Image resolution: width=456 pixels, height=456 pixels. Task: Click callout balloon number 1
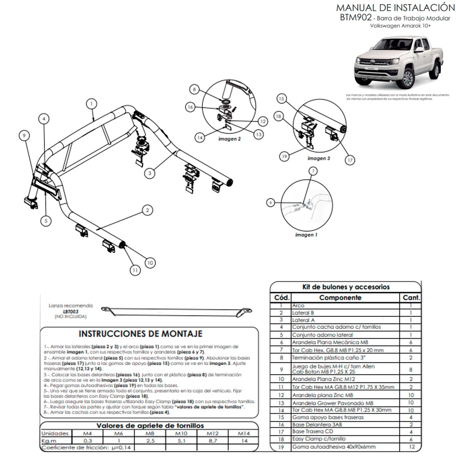[x=92, y=104]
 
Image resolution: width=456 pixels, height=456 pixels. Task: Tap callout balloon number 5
[x=46, y=221]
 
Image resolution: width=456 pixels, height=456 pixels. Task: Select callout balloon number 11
[x=135, y=270]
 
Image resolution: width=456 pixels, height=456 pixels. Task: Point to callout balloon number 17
[x=350, y=160]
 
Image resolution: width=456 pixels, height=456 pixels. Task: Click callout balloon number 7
[x=313, y=171]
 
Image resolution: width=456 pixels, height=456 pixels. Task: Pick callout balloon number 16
[x=190, y=107]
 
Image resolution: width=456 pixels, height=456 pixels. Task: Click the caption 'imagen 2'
[x=229, y=139]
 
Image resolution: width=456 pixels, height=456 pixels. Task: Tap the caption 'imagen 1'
[x=306, y=235]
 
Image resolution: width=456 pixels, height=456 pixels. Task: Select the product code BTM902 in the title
[x=355, y=17]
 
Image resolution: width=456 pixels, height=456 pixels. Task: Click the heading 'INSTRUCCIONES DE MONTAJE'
[x=140, y=334]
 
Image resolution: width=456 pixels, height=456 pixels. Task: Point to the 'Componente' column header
[x=340, y=298]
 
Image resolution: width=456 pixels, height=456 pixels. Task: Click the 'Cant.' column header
[x=411, y=298]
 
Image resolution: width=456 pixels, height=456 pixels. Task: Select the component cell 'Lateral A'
[x=303, y=320]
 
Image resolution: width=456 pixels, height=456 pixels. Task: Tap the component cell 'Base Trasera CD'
[x=312, y=432]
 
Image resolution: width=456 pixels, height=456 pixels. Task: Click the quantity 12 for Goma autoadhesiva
[x=411, y=447]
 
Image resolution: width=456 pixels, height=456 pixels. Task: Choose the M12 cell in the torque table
[x=213, y=434]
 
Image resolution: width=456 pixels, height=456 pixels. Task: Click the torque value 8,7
[x=213, y=441]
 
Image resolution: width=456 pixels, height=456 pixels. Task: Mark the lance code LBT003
[x=71, y=311]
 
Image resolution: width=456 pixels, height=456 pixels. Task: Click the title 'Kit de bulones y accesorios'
[x=346, y=287]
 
